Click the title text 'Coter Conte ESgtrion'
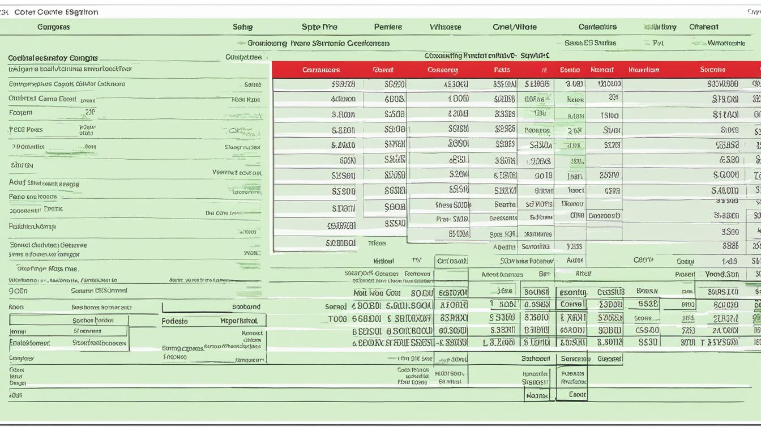point(56,12)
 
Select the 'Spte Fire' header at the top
point(319,27)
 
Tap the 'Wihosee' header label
point(445,27)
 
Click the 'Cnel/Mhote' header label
point(514,27)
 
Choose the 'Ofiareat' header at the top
point(703,27)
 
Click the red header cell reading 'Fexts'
point(502,70)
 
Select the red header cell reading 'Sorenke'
point(712,70)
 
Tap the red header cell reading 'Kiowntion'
point(644,70)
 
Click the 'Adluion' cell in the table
point(343,99)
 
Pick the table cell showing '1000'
point(458,99)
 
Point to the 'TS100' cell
point(609,115)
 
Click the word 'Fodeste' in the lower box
point(174,321)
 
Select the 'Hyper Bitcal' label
point(239,321)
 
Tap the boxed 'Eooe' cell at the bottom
point(577,395)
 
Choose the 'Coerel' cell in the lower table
point(571,304)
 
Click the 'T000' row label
point(337,319)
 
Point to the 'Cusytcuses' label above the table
point(243,57)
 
